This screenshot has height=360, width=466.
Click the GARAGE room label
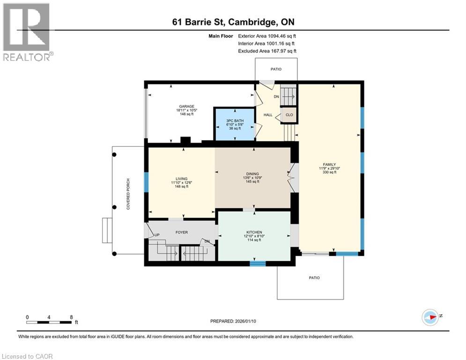point(187,106)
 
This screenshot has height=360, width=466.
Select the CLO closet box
point(289,115)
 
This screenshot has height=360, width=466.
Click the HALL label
point(268,115)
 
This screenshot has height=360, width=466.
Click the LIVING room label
point(181,179)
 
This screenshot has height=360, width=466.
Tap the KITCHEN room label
point(254,232)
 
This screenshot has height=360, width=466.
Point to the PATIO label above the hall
point(276,69)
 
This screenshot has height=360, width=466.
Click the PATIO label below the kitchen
point(314,278)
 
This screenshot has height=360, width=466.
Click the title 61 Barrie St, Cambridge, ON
point(233,22)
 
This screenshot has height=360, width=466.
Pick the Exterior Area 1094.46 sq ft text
point(267,36)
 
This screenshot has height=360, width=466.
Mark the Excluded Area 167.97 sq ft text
point(267,51)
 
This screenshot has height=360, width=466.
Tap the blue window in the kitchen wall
point(254,263)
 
